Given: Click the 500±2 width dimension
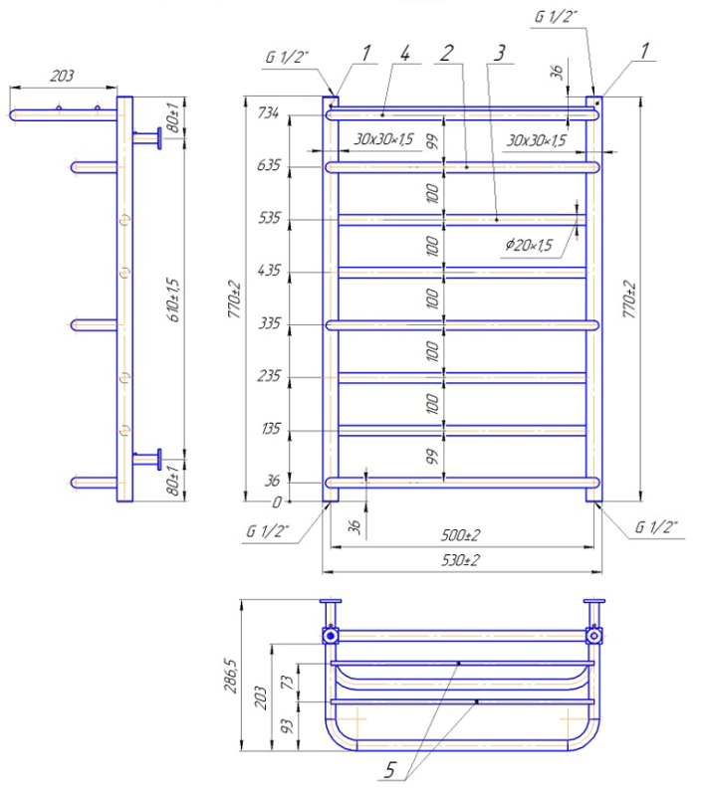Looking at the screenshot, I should click(461, 534).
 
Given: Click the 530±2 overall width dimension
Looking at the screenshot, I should click(461, 561).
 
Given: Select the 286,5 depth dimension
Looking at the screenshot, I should click(231, 676).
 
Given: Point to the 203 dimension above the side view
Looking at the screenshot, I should click(61, 76).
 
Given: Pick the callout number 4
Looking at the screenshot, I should click(405, 52).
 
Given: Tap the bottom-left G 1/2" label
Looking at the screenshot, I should click(266, 531).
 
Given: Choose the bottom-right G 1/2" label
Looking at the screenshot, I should click(655, 527).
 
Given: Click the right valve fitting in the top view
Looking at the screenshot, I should click(594, 634).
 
